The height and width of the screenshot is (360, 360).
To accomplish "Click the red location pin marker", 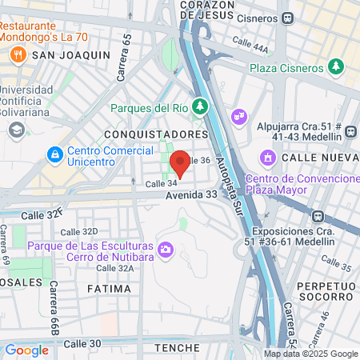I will [180, 163].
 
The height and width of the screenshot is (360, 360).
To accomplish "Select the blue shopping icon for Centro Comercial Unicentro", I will [54, 152].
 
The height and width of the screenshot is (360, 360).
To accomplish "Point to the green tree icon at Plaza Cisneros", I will [338, 65].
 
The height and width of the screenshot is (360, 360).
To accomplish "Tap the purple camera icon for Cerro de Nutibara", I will [166, 250].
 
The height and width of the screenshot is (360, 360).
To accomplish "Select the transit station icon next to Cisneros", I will [286, 17].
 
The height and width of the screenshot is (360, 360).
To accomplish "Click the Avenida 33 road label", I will [191, 194].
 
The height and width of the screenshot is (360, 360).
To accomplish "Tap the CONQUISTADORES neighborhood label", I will [150, 134].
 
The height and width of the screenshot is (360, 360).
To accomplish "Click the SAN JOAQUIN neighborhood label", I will [70, 54].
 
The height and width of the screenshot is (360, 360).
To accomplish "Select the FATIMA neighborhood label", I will [109, 288].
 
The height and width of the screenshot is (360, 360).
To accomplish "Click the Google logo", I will [26, 350].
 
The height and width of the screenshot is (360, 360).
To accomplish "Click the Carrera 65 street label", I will [124, 60].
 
